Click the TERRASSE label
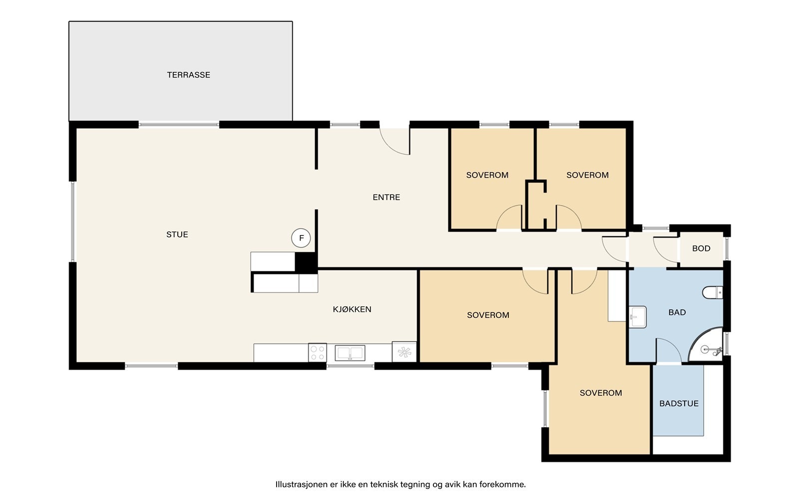click(188, 75)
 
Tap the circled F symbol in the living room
click(301, 238)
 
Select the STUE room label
click(177, 235)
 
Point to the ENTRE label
click(387, 197)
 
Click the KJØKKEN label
click(352, 309)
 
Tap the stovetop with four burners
click(317, 352)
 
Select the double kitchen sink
click(350, 353)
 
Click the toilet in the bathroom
click(712, 292)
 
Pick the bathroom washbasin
click(637, 317)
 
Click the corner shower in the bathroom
click(706, 345)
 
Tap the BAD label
click(677, 312)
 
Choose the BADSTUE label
click(679, 404)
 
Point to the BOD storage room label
click(701, 249)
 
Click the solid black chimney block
click(306, 262)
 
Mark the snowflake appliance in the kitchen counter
click(404, 352)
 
